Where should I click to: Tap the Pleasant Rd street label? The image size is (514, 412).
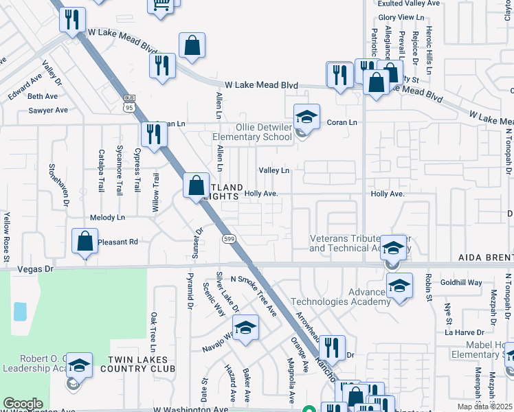click(x=118, y=242)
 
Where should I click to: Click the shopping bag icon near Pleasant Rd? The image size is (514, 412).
click(x=84, y=242)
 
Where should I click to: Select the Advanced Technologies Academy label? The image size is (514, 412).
click(x=341, y=296)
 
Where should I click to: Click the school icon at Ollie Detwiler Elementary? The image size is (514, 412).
click(x=306, y=116)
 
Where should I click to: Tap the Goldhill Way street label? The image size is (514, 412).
click(x=462, y=282)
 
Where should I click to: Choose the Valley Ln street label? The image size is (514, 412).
click(x=273, y=170)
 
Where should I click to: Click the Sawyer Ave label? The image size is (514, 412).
click(x=48, y=110)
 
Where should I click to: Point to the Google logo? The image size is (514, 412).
click(x=23, y=404)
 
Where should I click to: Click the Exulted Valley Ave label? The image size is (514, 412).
click(x=409, y=3)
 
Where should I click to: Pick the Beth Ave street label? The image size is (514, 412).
click(x=43, y=96)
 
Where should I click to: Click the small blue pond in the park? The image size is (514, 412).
click(x=19, y=312)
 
